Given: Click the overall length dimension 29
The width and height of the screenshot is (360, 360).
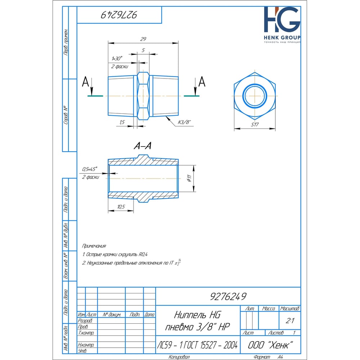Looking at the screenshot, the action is point(143,39).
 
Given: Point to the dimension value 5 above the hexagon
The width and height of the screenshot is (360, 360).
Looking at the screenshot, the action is point(143,50).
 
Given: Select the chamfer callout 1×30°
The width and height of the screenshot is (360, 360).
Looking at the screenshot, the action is point(117,59).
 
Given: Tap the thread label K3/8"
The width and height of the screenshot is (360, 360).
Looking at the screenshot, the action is point(185,122).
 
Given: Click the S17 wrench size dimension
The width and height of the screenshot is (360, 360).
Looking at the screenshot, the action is point(255,125).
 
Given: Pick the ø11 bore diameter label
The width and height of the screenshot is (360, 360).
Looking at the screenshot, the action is point(189,178).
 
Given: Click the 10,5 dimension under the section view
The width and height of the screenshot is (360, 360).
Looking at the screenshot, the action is point(121,207).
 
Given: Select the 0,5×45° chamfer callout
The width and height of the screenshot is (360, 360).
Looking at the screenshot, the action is point(90,169).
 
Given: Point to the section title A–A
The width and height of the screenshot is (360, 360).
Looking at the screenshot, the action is point(143,146).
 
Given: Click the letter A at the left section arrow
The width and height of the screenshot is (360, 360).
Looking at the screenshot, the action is point(85,82).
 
